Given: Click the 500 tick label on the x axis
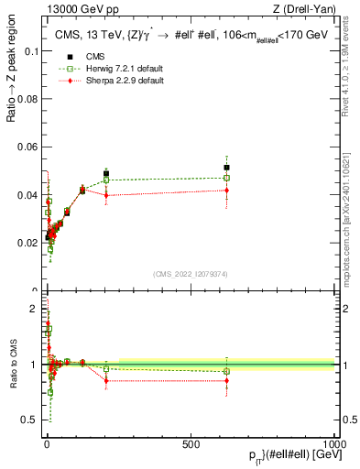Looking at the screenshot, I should (x=191, y=443).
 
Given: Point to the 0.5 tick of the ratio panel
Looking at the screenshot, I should (x=30, y=420).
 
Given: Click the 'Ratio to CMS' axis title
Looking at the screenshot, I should (x=11, y=365).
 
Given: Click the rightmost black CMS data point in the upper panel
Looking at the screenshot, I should (x=226, y=168).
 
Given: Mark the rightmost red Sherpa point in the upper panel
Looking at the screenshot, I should (x=226, y=190).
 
